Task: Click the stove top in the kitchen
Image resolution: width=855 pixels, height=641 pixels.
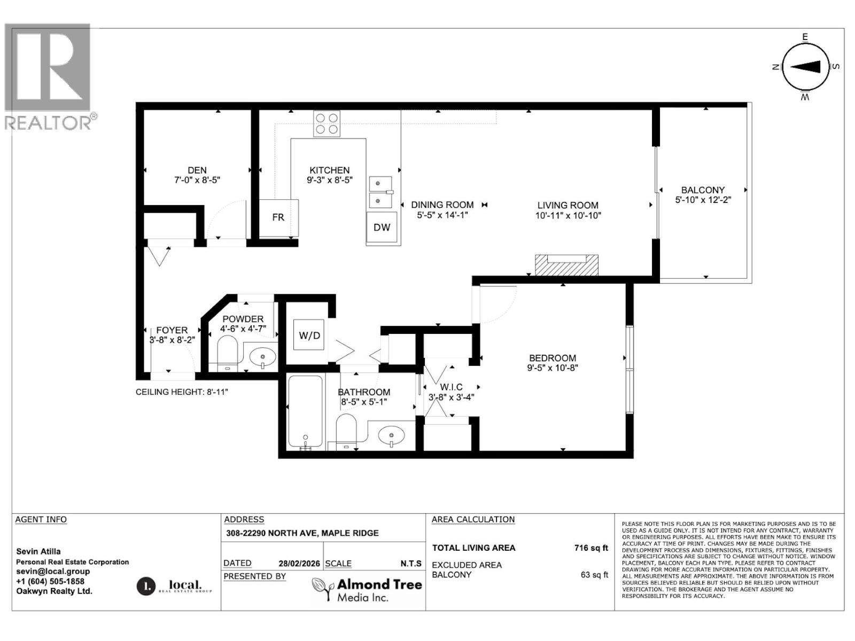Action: [327, 123]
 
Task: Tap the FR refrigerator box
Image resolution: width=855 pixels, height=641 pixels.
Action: [278, 217]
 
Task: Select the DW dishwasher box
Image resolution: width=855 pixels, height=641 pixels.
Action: [382, 227]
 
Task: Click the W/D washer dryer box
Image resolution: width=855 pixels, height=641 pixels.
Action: [309, 335]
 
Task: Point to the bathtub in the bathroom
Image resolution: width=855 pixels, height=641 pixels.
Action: [305, 411]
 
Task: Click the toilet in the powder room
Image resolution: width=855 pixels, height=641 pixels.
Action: [228, 351]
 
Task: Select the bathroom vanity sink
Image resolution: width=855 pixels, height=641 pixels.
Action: [392, 434]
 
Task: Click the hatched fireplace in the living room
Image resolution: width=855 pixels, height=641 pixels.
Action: [566, 265]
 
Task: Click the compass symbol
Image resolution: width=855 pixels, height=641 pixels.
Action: [805, 66]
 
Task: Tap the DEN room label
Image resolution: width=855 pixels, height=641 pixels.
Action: [197, 170]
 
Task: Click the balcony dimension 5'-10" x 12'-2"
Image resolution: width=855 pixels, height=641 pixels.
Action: [703, 200]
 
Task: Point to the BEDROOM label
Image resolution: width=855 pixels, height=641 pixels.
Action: [553, 358]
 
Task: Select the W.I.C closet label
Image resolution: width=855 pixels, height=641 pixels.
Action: [451, 387]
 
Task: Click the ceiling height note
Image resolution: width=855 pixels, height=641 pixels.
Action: [182, 392]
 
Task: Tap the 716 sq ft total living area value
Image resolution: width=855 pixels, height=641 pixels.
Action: [590, 548]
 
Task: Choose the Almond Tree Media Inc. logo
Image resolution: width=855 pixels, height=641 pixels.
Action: [367, 590]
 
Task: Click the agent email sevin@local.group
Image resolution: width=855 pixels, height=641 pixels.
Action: [53, 571]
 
